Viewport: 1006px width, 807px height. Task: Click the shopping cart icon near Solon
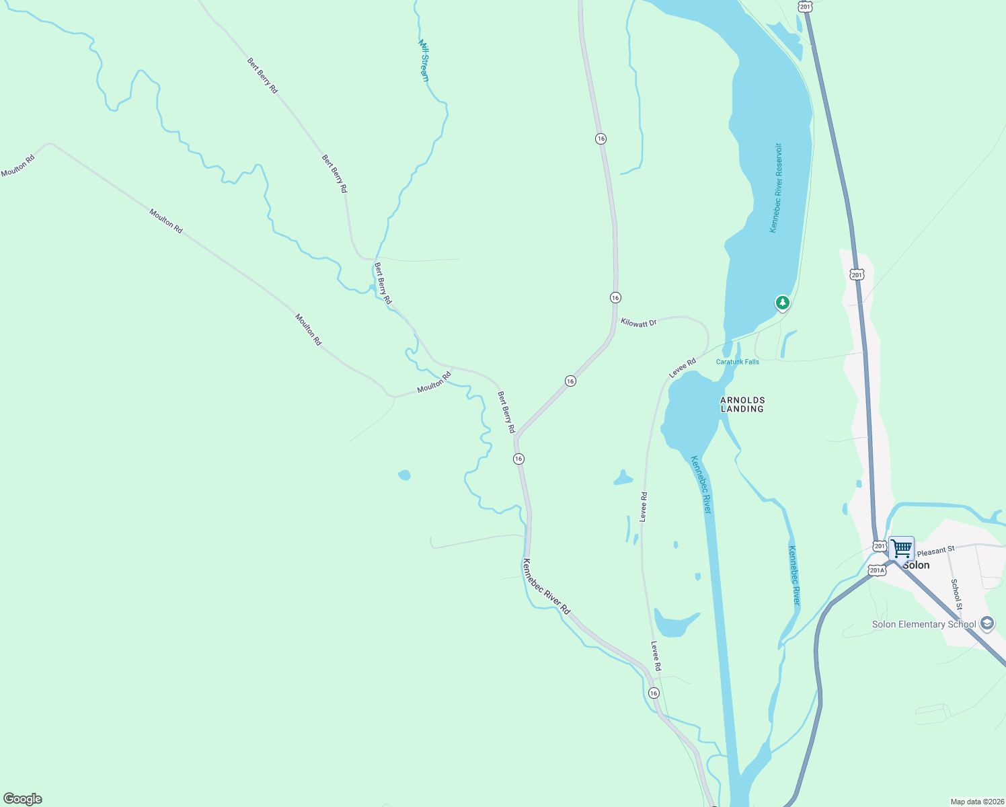pyautogui.click(x=901, y=548)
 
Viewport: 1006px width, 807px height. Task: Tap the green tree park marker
pyautogui.click(x=782, y=303)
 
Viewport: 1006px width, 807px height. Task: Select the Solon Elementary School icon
pyautogui.click(x=987, y=623)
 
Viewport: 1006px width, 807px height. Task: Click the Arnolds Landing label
pyautogui.click(x=742, y=404)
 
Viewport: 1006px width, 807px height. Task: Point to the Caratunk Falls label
pyautogui.click(x=737, y=362)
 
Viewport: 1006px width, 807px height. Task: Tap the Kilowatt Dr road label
pyautogui.click(x=638, y=323)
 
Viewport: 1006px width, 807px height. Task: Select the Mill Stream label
pyautogui.click(x=424, y=61)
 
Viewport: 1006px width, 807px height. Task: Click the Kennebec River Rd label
pyautogui.click(x=546, y=586)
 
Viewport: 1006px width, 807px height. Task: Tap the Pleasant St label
pyautogui.click(x=935, y=550)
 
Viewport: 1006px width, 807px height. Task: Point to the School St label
pyautogui.click(x=956, y=594)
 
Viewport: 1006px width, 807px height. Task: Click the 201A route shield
pyautogui.click(x=876, y=570)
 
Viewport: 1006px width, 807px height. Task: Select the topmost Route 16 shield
pyautogui.click(x=601, y=139)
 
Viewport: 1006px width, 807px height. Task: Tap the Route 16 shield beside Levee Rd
pyautogui.click(x=653, y=693)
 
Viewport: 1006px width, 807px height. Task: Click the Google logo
pyautogui.click(x=23, y=799)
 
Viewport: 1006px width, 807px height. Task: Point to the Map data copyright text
pyautogui.click(x=976, y=802)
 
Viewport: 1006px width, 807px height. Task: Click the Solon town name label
pyautogui.click(x=916, y=565)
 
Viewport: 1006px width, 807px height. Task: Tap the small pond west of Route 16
pyautogui.click(x=404, y=475)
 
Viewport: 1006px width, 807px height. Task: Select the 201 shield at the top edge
pyautogui.click(x=805, y=5)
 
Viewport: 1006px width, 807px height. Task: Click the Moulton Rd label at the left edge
pyautogui.click(x=17, y=167)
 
